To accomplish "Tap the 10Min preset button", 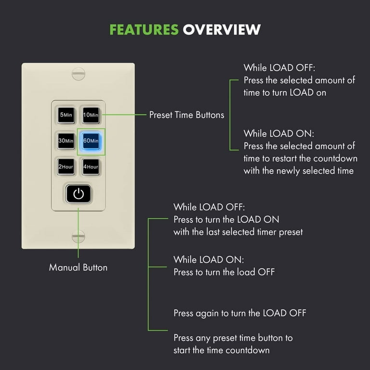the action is tap(91, 115).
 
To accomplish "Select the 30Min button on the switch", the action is tap(66, 141).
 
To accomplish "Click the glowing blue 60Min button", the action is tap(91, 141).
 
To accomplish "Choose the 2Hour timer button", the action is tap(66, 167).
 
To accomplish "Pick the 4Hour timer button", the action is tap(91, 167).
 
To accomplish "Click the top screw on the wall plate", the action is tap(79, 74).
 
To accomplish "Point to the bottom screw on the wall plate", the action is tap(79, 236).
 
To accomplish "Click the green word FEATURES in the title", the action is tap(144, 30).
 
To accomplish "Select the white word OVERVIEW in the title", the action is tap(222, 30).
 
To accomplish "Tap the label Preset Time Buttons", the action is tap(186, 115).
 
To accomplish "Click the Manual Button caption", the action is tap(78, 267).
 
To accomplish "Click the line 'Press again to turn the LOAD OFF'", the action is tap(240, 313).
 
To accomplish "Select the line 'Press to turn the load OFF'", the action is tap(224, 272).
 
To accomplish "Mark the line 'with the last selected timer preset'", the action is tap(238, 232).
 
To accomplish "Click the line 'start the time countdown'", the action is tap(221, 350).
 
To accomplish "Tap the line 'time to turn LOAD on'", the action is tap(285, 92).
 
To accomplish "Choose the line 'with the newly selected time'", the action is tap(299, 171).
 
